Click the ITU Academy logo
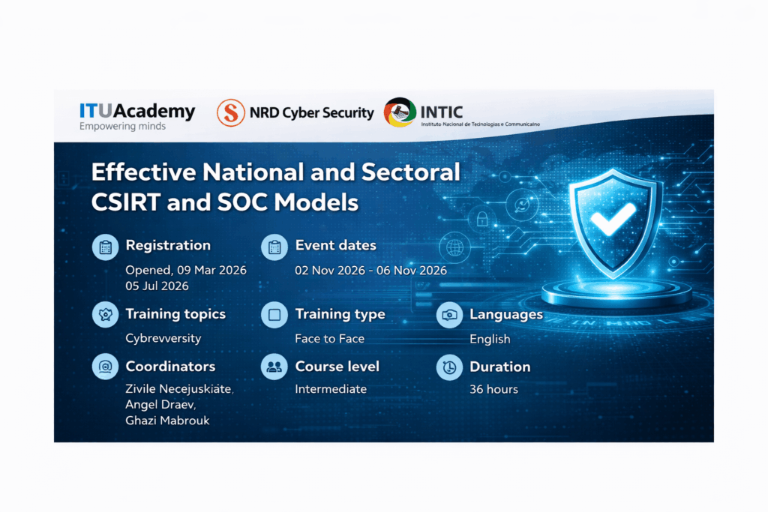click(137, 116)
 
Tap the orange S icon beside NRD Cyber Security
click(231, 112)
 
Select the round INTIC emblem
click(400, 112)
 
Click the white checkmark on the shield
click(613, 218)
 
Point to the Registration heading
click(168, 245)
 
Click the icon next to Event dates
click(274, 247)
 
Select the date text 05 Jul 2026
click(157, 286)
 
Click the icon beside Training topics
click(105, 315)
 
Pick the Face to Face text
click(330, 339)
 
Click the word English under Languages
click(490, 340)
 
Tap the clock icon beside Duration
click(449, 367)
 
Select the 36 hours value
click(493, 389)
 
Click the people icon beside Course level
click(274, 367)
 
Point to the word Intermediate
click(331, 389)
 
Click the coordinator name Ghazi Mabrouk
click(167, 421)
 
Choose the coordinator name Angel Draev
click(160, 405)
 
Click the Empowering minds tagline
click(122, 126)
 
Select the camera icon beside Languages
click(449, 315)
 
